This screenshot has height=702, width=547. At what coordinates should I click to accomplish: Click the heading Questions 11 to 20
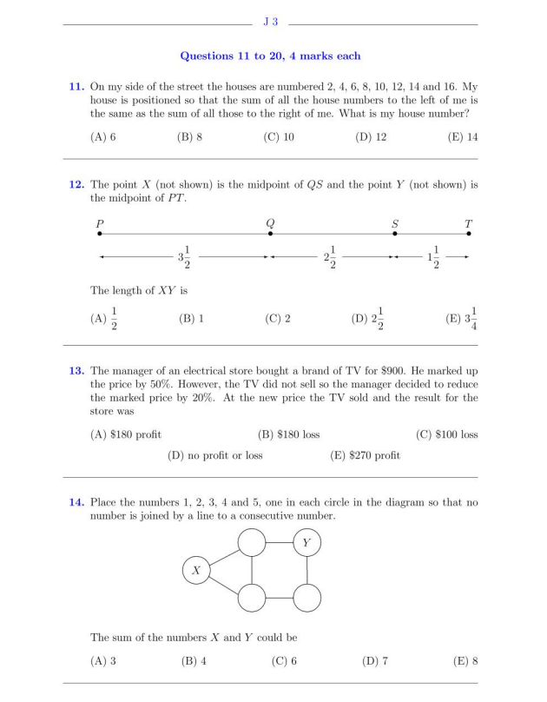click(270, 56)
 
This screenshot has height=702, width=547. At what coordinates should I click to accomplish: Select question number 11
click(76, 87)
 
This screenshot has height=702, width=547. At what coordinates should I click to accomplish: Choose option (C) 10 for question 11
click(279, 137)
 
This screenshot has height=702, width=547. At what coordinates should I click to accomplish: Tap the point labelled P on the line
click(100, 234)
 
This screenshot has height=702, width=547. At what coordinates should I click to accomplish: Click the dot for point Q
click(271, 234)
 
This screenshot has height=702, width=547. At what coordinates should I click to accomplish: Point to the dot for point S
click(395, 234)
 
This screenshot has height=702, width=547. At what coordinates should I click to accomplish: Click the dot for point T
click(469, 234)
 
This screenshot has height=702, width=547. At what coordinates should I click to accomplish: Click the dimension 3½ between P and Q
click(184, 258)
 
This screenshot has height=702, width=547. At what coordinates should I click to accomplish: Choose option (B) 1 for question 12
click(191, 319)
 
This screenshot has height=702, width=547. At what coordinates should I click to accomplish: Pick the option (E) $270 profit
click(366, 454)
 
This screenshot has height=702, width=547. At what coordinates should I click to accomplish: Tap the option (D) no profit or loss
click(214, 454)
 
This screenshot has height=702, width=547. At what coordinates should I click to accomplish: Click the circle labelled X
click(196, 570)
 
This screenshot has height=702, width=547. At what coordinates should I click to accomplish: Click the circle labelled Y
click(306, 544)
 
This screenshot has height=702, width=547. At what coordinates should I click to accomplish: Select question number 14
click(76, 502)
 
